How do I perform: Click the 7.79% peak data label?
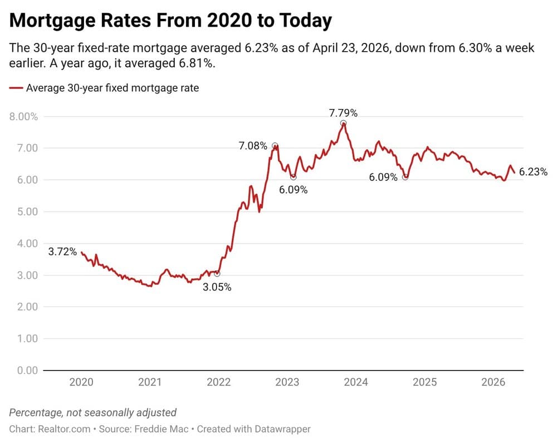(x=343, y=113)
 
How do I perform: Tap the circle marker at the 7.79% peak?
(x=343, y=123)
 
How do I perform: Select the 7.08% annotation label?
(x=253, y=146)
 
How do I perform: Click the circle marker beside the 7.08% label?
(x=275, y=146)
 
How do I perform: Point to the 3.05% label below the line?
(x=217, y=287)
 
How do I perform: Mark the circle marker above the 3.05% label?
(x=217, y=274)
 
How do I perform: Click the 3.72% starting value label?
(x=62, y=251)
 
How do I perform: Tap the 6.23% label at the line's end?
(x=533, y=172)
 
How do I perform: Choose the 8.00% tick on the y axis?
(x=23, y=116)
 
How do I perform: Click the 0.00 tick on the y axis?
(x=27, y=370)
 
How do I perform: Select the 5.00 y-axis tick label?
(x=27, y=211)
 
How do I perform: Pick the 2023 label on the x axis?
(x=287, y=382)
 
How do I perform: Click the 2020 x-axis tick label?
(x=81, y=382)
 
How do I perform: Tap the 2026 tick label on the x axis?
(x=493, y=382)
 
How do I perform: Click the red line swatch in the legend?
(x=16, y=88)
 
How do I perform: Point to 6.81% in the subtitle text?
(x=197, y=63)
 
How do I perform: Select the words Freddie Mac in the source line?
(x=162, y=429)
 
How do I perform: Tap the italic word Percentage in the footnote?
(x=36, y=412)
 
